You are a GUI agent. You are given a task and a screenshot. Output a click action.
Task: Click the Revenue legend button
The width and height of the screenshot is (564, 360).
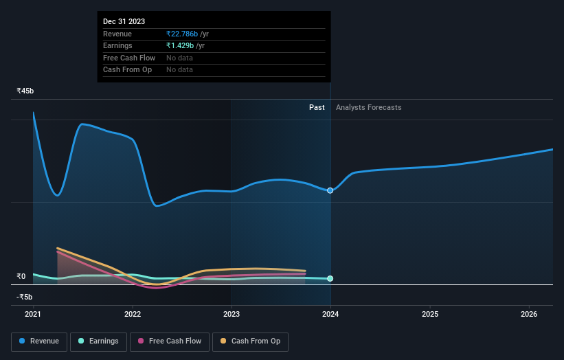pos(39,341)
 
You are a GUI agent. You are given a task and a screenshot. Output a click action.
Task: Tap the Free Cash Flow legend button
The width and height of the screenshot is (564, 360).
pos(169,341)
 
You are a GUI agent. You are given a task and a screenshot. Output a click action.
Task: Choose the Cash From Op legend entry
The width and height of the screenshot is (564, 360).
pos(250,341)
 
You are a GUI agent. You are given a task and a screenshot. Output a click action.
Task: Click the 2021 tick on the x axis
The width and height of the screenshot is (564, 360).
pos(33,315)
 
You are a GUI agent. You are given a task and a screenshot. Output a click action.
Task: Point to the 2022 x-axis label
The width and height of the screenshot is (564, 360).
pos(133,315)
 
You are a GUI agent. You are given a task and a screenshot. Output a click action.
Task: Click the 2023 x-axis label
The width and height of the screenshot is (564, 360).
pos(232,315)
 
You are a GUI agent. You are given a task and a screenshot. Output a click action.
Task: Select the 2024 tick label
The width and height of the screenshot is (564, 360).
pos(330,315)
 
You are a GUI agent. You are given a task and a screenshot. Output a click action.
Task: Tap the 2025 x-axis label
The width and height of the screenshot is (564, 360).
pos(430,315)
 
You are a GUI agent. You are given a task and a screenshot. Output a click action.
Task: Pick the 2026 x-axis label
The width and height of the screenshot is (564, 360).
pos(529,315)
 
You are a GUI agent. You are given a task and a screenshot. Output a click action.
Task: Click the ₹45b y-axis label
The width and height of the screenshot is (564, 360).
pos(25,91)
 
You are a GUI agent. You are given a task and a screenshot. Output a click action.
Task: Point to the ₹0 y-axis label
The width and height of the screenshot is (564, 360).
pos(21,276)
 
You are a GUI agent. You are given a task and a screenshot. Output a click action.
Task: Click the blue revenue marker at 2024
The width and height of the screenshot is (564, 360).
pos(330,190)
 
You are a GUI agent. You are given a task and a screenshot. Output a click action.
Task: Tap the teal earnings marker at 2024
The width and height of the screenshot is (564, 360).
pos(330,278)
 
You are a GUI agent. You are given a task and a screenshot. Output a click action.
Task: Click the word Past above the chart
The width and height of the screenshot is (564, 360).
pos(317,107)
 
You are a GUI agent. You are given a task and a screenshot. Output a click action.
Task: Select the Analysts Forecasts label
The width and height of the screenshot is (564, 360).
pos(368,107)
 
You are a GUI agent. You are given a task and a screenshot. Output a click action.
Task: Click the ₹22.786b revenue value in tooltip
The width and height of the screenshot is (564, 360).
pos(182,34)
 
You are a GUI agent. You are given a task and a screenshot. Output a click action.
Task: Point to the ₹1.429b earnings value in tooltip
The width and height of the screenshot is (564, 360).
pos(180,45)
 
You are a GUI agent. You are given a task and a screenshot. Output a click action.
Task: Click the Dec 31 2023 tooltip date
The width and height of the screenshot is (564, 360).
pos(124,21)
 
